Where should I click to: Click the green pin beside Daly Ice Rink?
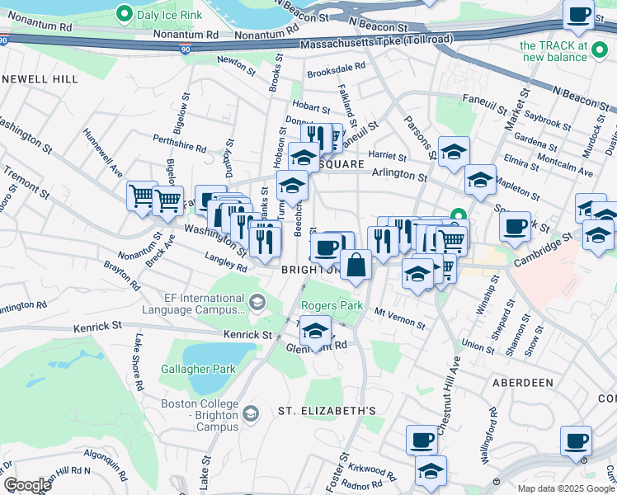tap(125, 13)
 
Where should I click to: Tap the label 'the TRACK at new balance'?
tap(565, 50)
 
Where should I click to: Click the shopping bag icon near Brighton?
tap(356, 266)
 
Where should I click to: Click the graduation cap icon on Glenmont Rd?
tap(314, 332)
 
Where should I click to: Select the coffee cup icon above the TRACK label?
tap(579, 14)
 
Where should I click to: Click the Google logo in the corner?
tap(27, 485)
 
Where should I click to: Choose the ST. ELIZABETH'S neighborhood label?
tap(327, 410)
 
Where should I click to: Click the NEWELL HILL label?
tap(39, 79)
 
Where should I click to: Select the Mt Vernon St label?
tap(400, 319)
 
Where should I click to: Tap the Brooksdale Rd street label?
tap(336, 72)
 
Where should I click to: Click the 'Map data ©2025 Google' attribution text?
tap(566, 487)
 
